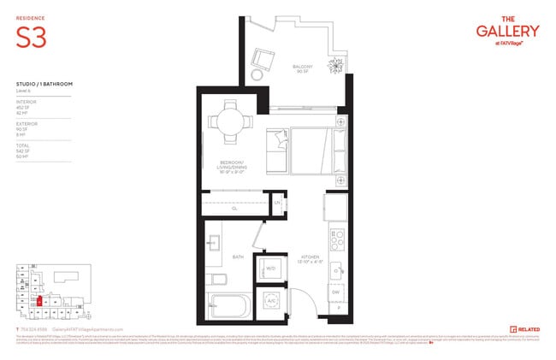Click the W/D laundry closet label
coord(270,267)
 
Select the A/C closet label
coord(270,302)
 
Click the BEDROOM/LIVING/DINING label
coord(233,166)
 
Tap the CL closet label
coord(234,207)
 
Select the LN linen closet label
coord(278,203)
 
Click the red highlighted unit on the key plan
coord(39,301)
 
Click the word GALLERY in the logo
coord(507,32)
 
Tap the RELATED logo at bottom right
coord(523,329)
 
